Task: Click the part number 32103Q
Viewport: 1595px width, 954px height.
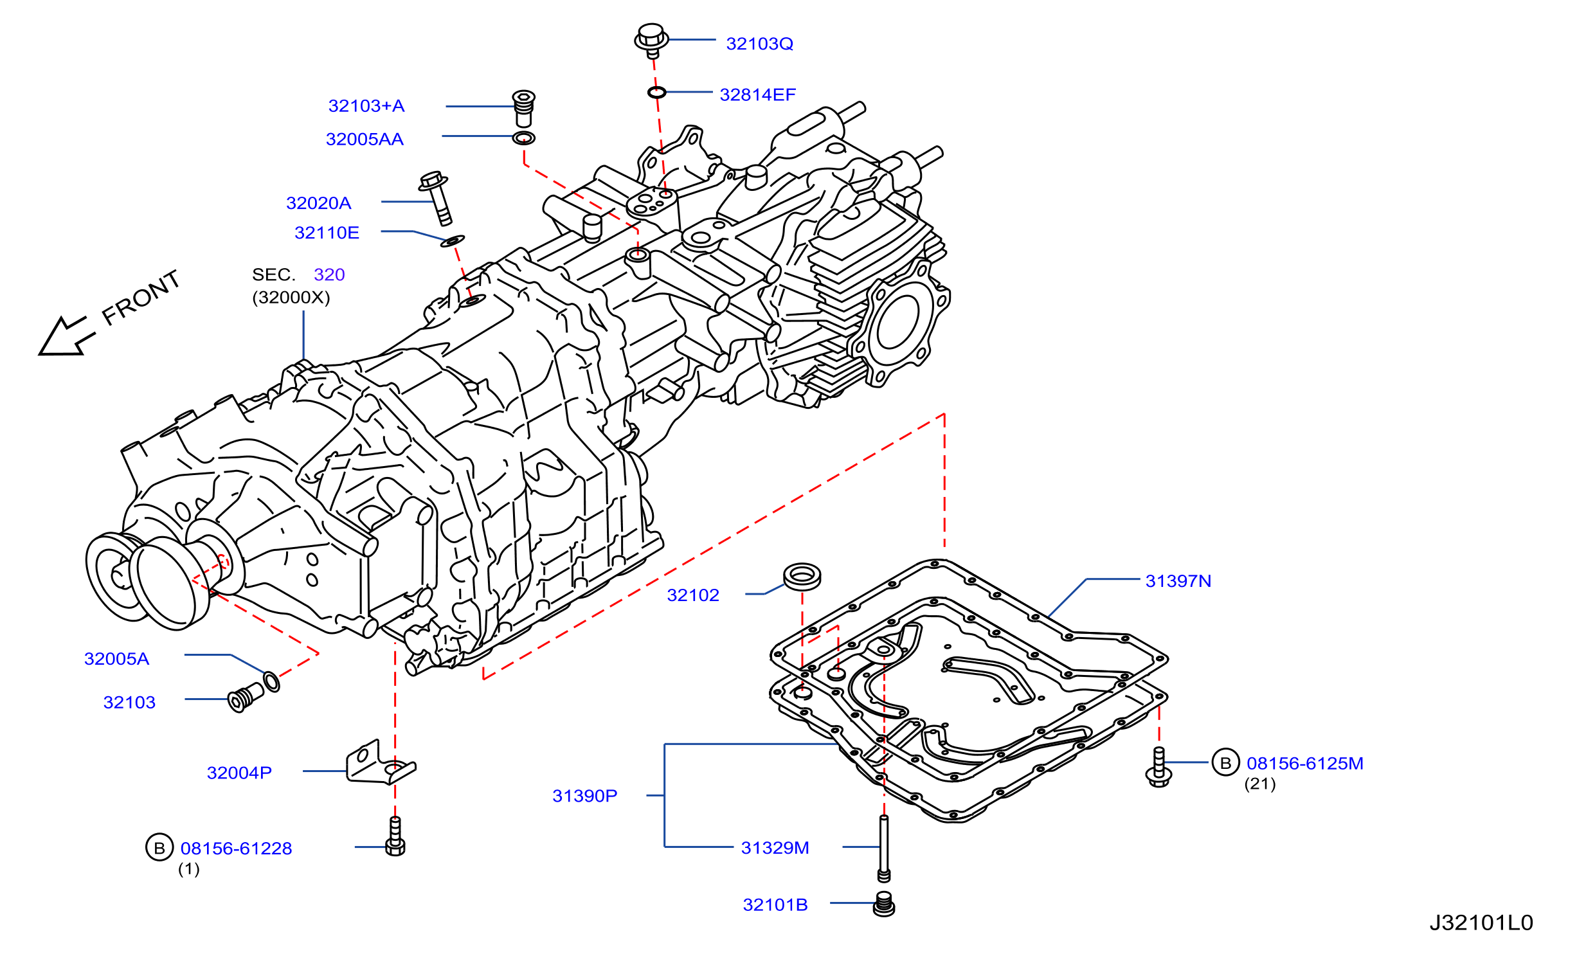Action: coord(759,44)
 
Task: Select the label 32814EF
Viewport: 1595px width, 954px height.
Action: coord(757,95)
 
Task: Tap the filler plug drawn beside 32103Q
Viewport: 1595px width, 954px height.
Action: coord(651,40)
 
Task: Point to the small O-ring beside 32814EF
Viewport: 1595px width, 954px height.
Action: coord(656,93)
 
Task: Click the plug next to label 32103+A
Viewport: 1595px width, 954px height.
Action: coord(524,108)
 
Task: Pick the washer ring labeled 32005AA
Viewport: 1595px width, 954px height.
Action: coord(524,138)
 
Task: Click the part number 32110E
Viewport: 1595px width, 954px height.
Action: coord(327,233)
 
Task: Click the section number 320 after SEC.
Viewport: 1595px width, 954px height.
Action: coord(329,274)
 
